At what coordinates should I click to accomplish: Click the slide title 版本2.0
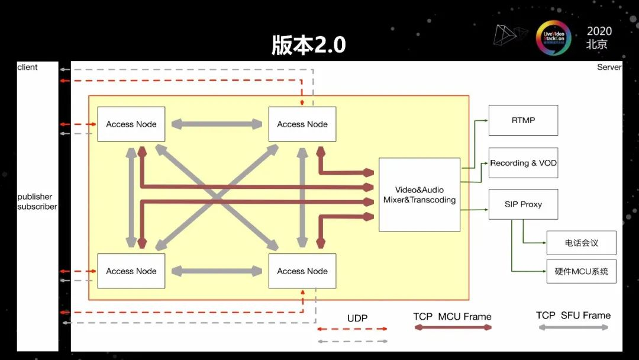pyautogui.click(x=308, y=44)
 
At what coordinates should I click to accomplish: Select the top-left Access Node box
pyautogui.click(x=131, y=124)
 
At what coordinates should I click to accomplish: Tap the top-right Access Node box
pyautogui.click(x=302, y=124)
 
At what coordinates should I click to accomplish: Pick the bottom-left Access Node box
pyautogui.click(x=131, y=271)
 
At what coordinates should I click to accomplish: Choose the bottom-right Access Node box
pyautogui.click(x=302, y=271)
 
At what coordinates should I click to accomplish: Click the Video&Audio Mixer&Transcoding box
pyautogui.click(x=419, y=194)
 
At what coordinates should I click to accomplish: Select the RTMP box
pyautogui.click(x=523, y=120)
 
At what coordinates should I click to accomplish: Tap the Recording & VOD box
pyautogui.click(x=523, y=163)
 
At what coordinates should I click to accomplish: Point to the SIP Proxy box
pyautogui.click(x=523, y=204)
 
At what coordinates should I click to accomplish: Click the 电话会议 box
pyautogui.click(x=582, y=243)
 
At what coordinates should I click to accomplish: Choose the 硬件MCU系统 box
pyautogui.click(x=582, y=272)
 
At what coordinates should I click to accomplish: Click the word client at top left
pyautogui.click(x=27, y=67)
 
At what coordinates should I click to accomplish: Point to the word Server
pyautogui.click(x=609, y=67)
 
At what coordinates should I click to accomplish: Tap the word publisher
pyautogui.click(x=35, y=197)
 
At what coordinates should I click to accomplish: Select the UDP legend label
pyautogui.click(x=357, y=318)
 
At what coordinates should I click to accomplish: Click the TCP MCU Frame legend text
pyautogui.click(x=453, y=317)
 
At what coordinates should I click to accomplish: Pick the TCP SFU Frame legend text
pyautogui.click(x=573, y=315)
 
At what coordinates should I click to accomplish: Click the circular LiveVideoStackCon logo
pyautogui.click(x=553, y=38)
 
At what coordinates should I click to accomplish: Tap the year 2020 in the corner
pyautogui.click(x=599, y=31)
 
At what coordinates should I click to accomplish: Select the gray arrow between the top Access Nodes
pyautogui.click(x=217, y=124)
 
